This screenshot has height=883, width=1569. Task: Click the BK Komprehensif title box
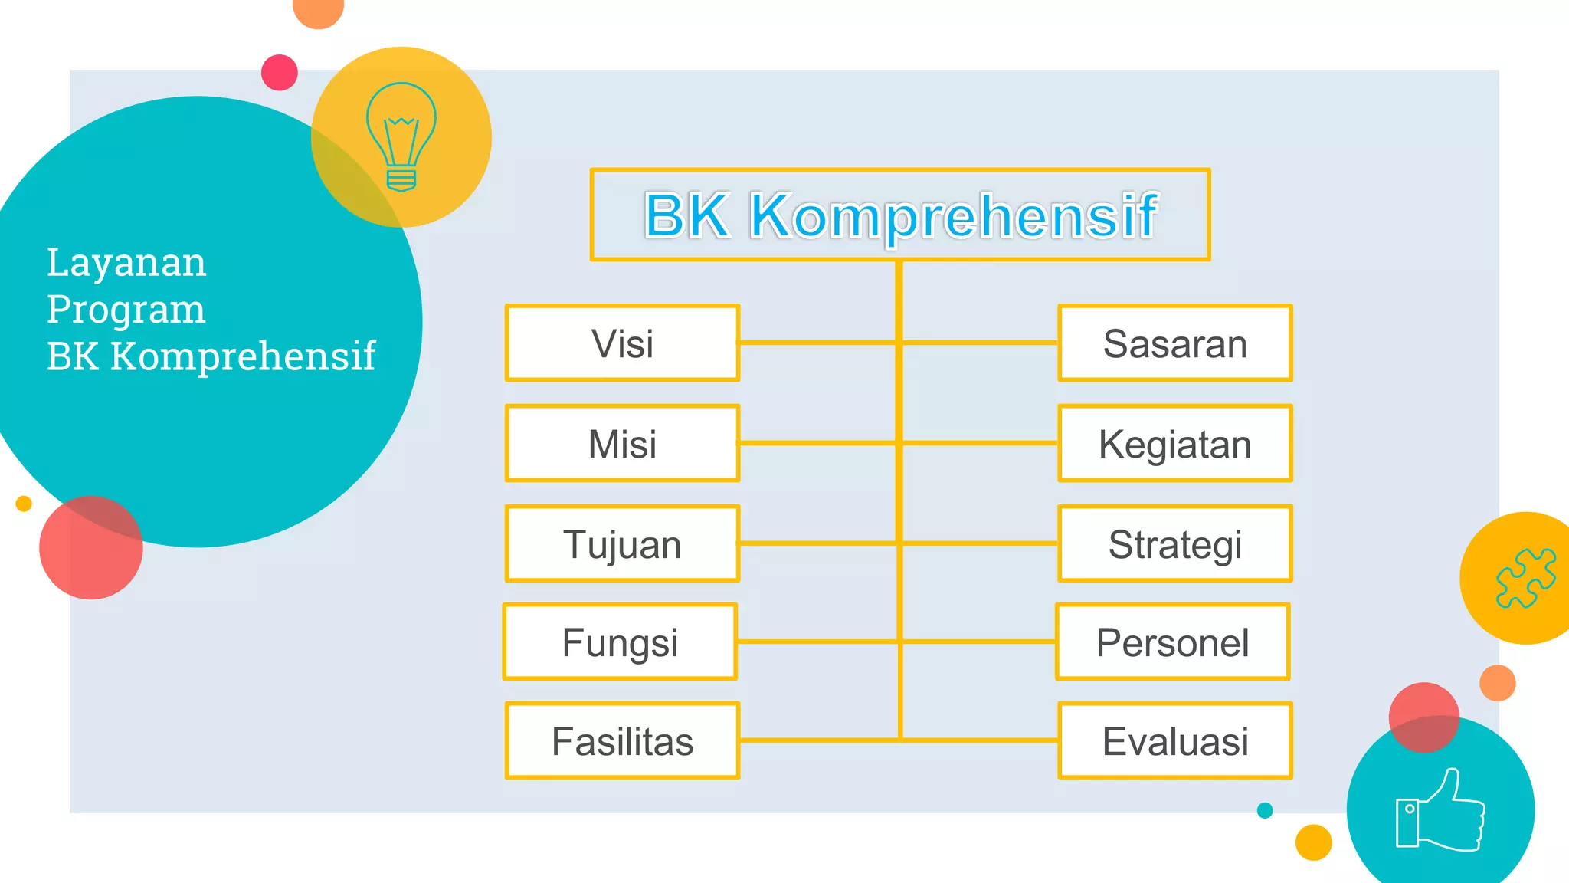point(900,215)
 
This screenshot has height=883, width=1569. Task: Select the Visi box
point(622,343)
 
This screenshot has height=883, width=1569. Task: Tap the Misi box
point(622,444)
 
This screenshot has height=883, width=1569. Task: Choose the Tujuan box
point(622,544)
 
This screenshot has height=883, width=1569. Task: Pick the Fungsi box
point(620,642)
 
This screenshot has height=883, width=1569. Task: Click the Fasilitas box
point(622,741)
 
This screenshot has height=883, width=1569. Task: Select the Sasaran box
point(1175,343)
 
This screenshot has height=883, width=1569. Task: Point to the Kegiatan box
point(1175,444)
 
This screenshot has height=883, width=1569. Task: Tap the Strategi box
point(1175,544)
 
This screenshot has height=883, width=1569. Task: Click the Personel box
point(1173,642)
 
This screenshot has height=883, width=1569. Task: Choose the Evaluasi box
point(1175,741)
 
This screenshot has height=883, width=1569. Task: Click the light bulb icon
point(401,136)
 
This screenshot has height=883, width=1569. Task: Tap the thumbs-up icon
point(1440,810)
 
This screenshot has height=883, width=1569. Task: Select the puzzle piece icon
point(1525,579)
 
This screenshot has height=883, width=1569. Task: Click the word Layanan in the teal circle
point(126,263)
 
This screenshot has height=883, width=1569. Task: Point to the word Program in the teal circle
point(126,310)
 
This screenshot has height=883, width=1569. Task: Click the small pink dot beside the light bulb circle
point(280,73)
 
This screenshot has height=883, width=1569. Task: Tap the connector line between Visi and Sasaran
point(820,343)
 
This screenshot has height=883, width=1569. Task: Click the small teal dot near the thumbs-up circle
point(1265,810)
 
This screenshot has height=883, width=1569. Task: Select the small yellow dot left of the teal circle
point(24,504)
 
